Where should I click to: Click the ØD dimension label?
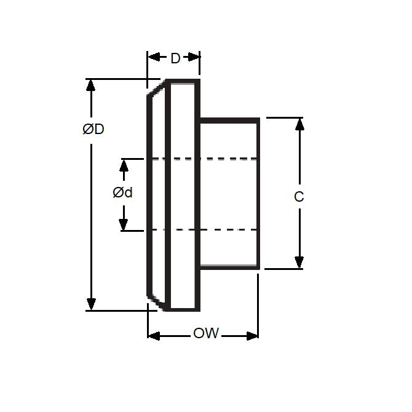click(93, 130)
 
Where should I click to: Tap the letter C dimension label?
click(299, 197)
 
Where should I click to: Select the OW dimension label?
click(206, 334)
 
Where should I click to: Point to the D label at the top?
click(175, 58)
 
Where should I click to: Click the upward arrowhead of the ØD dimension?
click(92, 85)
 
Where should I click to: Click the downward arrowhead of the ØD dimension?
click(92, 304)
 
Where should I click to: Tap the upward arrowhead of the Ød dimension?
click(124, 165)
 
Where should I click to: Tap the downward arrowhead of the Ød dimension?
click(124, 224)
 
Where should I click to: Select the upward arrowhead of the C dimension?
click(299, 124)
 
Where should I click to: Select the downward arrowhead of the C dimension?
click(299, 263)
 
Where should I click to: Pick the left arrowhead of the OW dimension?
click(154, 336)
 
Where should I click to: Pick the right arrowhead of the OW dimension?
click(252, 336)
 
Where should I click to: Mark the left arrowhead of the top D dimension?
click(153, 57)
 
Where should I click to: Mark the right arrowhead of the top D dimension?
click(194, 57)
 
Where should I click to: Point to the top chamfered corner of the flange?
click(157, 89)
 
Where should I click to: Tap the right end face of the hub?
click(259, 193)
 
